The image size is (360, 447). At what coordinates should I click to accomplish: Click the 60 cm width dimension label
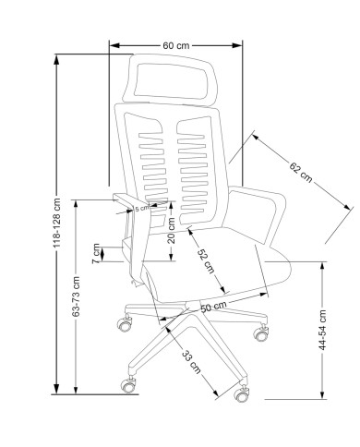click(x=176, y=45)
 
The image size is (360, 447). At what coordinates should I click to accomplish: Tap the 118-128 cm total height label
click(x=57, y=223)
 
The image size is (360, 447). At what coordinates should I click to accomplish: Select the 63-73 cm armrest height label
click(x=76, y=296)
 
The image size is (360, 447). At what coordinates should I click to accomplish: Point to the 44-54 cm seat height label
click(x=322, y=330)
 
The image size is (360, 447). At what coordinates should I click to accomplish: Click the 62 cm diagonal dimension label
click(x=301, y=172)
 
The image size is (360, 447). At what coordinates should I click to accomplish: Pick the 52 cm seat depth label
click(x=206, y=260)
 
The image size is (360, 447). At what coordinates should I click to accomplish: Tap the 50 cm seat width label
click(x=213, y=307)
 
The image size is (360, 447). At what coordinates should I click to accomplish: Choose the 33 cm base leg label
click(x=191, y=362)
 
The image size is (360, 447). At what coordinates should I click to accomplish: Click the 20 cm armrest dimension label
click(x=172, y=231)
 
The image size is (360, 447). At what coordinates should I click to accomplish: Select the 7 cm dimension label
click(x=96, y=253)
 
